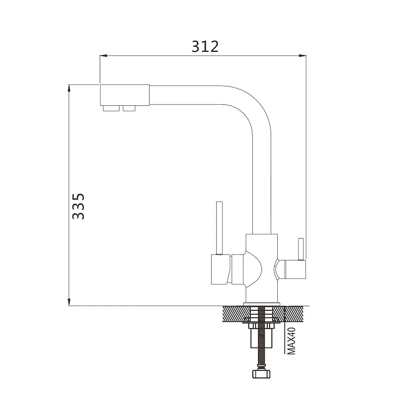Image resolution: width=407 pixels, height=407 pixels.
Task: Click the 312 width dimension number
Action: (x=205, y=47)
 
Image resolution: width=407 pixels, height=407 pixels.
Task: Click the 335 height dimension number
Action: (x=78, y=207)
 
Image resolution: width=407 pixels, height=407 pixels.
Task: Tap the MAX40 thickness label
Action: (x=292, y=341)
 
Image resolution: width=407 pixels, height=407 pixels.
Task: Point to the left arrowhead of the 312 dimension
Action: (x=103, y=55)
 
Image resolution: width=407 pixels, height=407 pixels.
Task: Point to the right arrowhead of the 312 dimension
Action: (x=303, y=55)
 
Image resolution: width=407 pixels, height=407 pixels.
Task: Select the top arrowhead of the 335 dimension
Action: (x=69, y=88)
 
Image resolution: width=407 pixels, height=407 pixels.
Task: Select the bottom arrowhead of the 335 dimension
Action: (x=69, y=302)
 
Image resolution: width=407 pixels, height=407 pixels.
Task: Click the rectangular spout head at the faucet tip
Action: (x=125, y=95)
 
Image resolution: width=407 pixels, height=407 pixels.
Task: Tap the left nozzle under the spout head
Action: (x=111, y=108)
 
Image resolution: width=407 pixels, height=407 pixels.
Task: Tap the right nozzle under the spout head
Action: (x=129, y=108)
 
